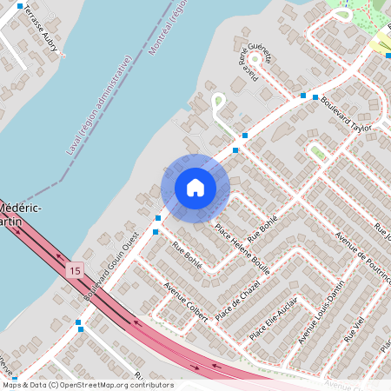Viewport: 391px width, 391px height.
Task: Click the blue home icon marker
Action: pos(195,188)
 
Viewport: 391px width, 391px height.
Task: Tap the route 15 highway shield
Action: pos(76,270)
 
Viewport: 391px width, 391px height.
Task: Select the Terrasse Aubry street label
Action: pos(39,27)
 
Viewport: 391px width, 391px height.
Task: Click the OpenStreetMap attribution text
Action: pos(88,384)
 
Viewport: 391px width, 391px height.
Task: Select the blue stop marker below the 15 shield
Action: pos(79,323)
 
